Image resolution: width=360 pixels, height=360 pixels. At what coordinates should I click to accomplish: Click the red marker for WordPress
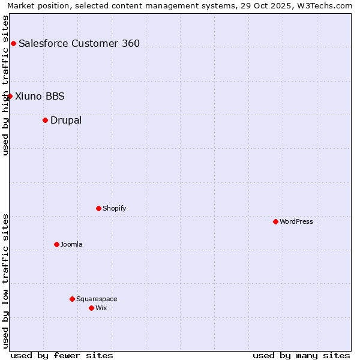pos(275,221)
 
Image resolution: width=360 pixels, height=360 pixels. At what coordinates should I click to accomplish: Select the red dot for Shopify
pos(98,208)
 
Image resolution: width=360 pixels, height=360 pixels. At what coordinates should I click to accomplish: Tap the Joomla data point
pos(56,244)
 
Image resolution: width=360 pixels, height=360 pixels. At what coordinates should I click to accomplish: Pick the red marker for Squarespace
pos(72,299)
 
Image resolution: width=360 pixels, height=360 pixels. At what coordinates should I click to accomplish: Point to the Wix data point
pos(91,308)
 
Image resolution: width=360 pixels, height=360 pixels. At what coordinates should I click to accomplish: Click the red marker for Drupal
pos(45,120)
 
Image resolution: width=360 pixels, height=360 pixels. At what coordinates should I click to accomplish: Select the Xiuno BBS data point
pos(10,96)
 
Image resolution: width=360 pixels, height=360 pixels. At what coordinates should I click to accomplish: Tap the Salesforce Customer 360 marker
pos(13,43)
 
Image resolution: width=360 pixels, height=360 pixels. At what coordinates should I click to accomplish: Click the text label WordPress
pos(296,221)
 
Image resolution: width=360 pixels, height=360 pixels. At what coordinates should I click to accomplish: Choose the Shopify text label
pos(114,208)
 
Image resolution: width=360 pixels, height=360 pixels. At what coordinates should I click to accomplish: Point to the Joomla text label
pos(71,244)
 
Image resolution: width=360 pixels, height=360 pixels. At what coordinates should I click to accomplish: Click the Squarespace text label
pos(97,299)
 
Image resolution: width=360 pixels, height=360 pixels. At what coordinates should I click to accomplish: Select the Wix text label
pos(101,308)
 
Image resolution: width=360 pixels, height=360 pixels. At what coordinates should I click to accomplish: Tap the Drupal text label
pos(66,120)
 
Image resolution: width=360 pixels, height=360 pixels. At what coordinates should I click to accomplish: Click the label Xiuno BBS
pos(40,96)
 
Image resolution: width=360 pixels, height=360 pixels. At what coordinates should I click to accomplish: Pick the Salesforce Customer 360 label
pos(79,43)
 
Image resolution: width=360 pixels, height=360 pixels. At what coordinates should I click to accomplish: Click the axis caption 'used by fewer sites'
pos(62,355)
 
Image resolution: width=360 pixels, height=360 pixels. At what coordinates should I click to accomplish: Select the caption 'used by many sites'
pos(301,355)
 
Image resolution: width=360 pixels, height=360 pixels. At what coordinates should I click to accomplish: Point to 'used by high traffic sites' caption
pos(5,85)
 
